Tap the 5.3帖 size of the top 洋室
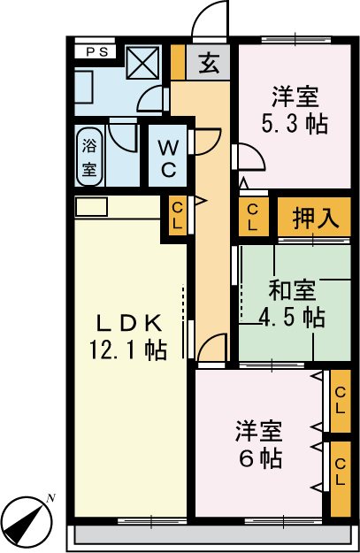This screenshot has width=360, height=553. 295,123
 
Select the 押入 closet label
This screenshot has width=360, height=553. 317,219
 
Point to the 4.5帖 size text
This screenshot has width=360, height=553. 292,317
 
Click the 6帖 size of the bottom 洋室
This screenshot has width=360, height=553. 258,458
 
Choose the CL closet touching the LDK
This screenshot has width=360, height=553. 176,216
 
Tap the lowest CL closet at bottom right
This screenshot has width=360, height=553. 339,479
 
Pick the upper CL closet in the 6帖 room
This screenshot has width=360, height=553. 339,403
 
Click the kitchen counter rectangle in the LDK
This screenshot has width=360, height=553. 90,206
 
